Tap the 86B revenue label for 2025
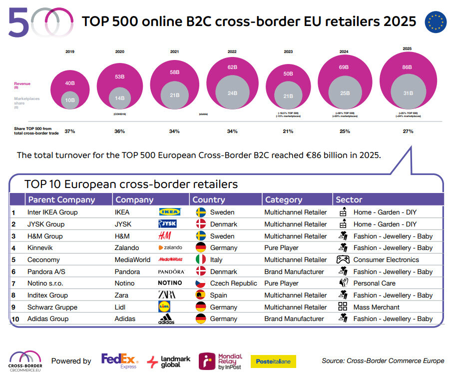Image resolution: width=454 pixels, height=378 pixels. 407,67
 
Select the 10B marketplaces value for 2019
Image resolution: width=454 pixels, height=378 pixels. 70,99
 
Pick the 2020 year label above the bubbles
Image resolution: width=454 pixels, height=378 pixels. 120,51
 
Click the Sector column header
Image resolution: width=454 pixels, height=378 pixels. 349,199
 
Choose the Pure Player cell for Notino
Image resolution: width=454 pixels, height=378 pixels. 281,283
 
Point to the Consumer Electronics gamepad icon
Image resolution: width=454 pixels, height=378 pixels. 343,259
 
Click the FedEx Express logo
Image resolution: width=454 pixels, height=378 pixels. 120,360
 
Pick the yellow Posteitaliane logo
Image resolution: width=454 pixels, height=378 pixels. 273,361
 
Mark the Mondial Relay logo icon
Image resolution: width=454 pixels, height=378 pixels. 207,361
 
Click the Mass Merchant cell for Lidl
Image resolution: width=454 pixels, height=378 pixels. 376,307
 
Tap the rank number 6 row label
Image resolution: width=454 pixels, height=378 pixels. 13,271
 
